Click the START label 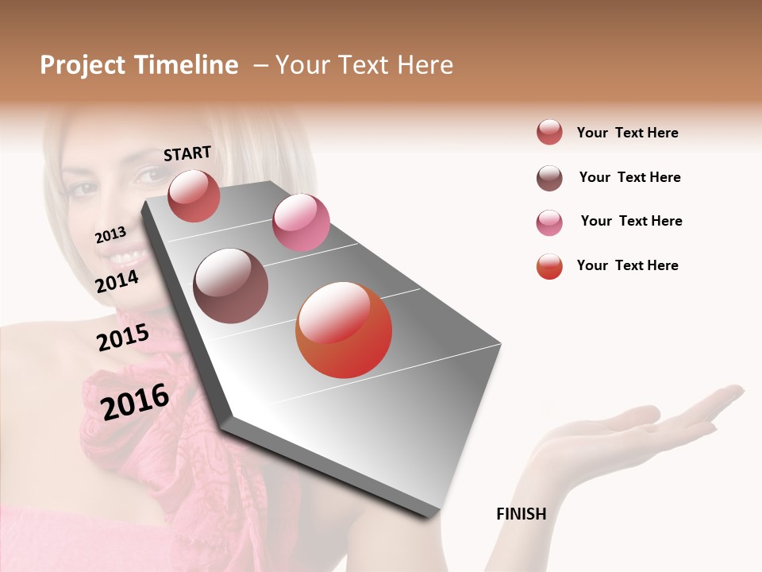click(187, 153)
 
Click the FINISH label click(521, 514)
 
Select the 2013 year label click(110, 234)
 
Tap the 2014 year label click(117, 281)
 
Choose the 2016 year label click(135, 401)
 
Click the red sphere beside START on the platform click(194, 195)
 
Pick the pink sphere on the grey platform click(301, 222)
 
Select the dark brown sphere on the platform click(231, 286)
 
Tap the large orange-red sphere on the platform click(344, 330)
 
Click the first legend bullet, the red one click(549, 132)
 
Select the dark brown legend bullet click(549, 178)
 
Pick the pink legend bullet click(549, 222)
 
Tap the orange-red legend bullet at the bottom click(549, 266)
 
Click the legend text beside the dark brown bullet click(629, 177)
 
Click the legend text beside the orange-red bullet click(627, 265)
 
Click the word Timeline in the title click(187, 65)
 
